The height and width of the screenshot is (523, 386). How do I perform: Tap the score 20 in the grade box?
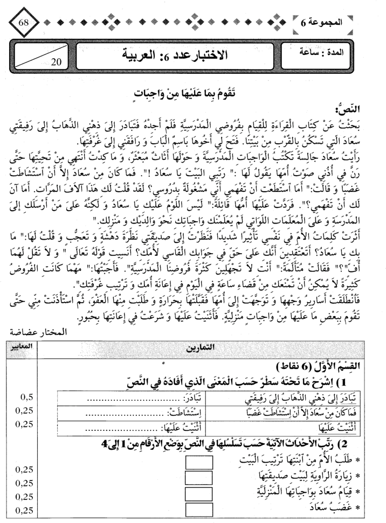(x=56, y=61)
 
